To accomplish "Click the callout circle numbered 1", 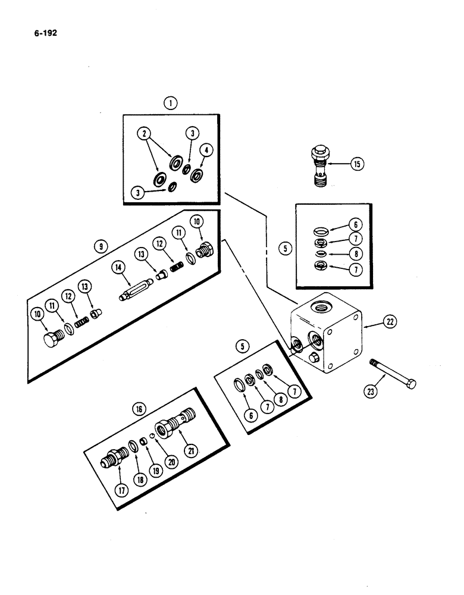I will tap(171, 104).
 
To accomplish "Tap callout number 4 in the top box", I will tap(205, 150).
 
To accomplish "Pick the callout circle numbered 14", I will tap(120, 268).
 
